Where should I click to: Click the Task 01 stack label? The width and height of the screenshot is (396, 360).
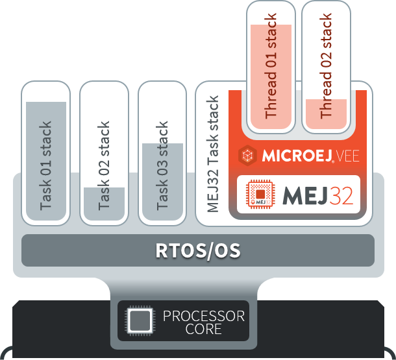click(x=45, y=165)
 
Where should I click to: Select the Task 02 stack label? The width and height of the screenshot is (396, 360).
click(x=104, y=165)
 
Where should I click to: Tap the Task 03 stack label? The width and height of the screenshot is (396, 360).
click(x=162, y=165)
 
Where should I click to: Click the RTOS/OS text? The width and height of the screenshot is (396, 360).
click(x=197, y=250)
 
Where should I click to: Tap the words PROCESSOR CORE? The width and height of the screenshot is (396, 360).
click(x=203, y=322)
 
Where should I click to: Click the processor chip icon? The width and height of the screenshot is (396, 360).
click(x=140, y=322)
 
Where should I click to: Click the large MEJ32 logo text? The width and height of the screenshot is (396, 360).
click(x=318, y=195)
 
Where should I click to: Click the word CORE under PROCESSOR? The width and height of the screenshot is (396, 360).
click(x=203, y=330)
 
